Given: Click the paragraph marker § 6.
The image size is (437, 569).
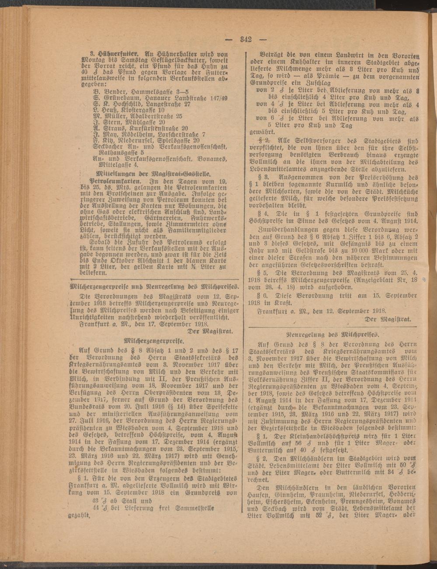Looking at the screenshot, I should tap(263, 296).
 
